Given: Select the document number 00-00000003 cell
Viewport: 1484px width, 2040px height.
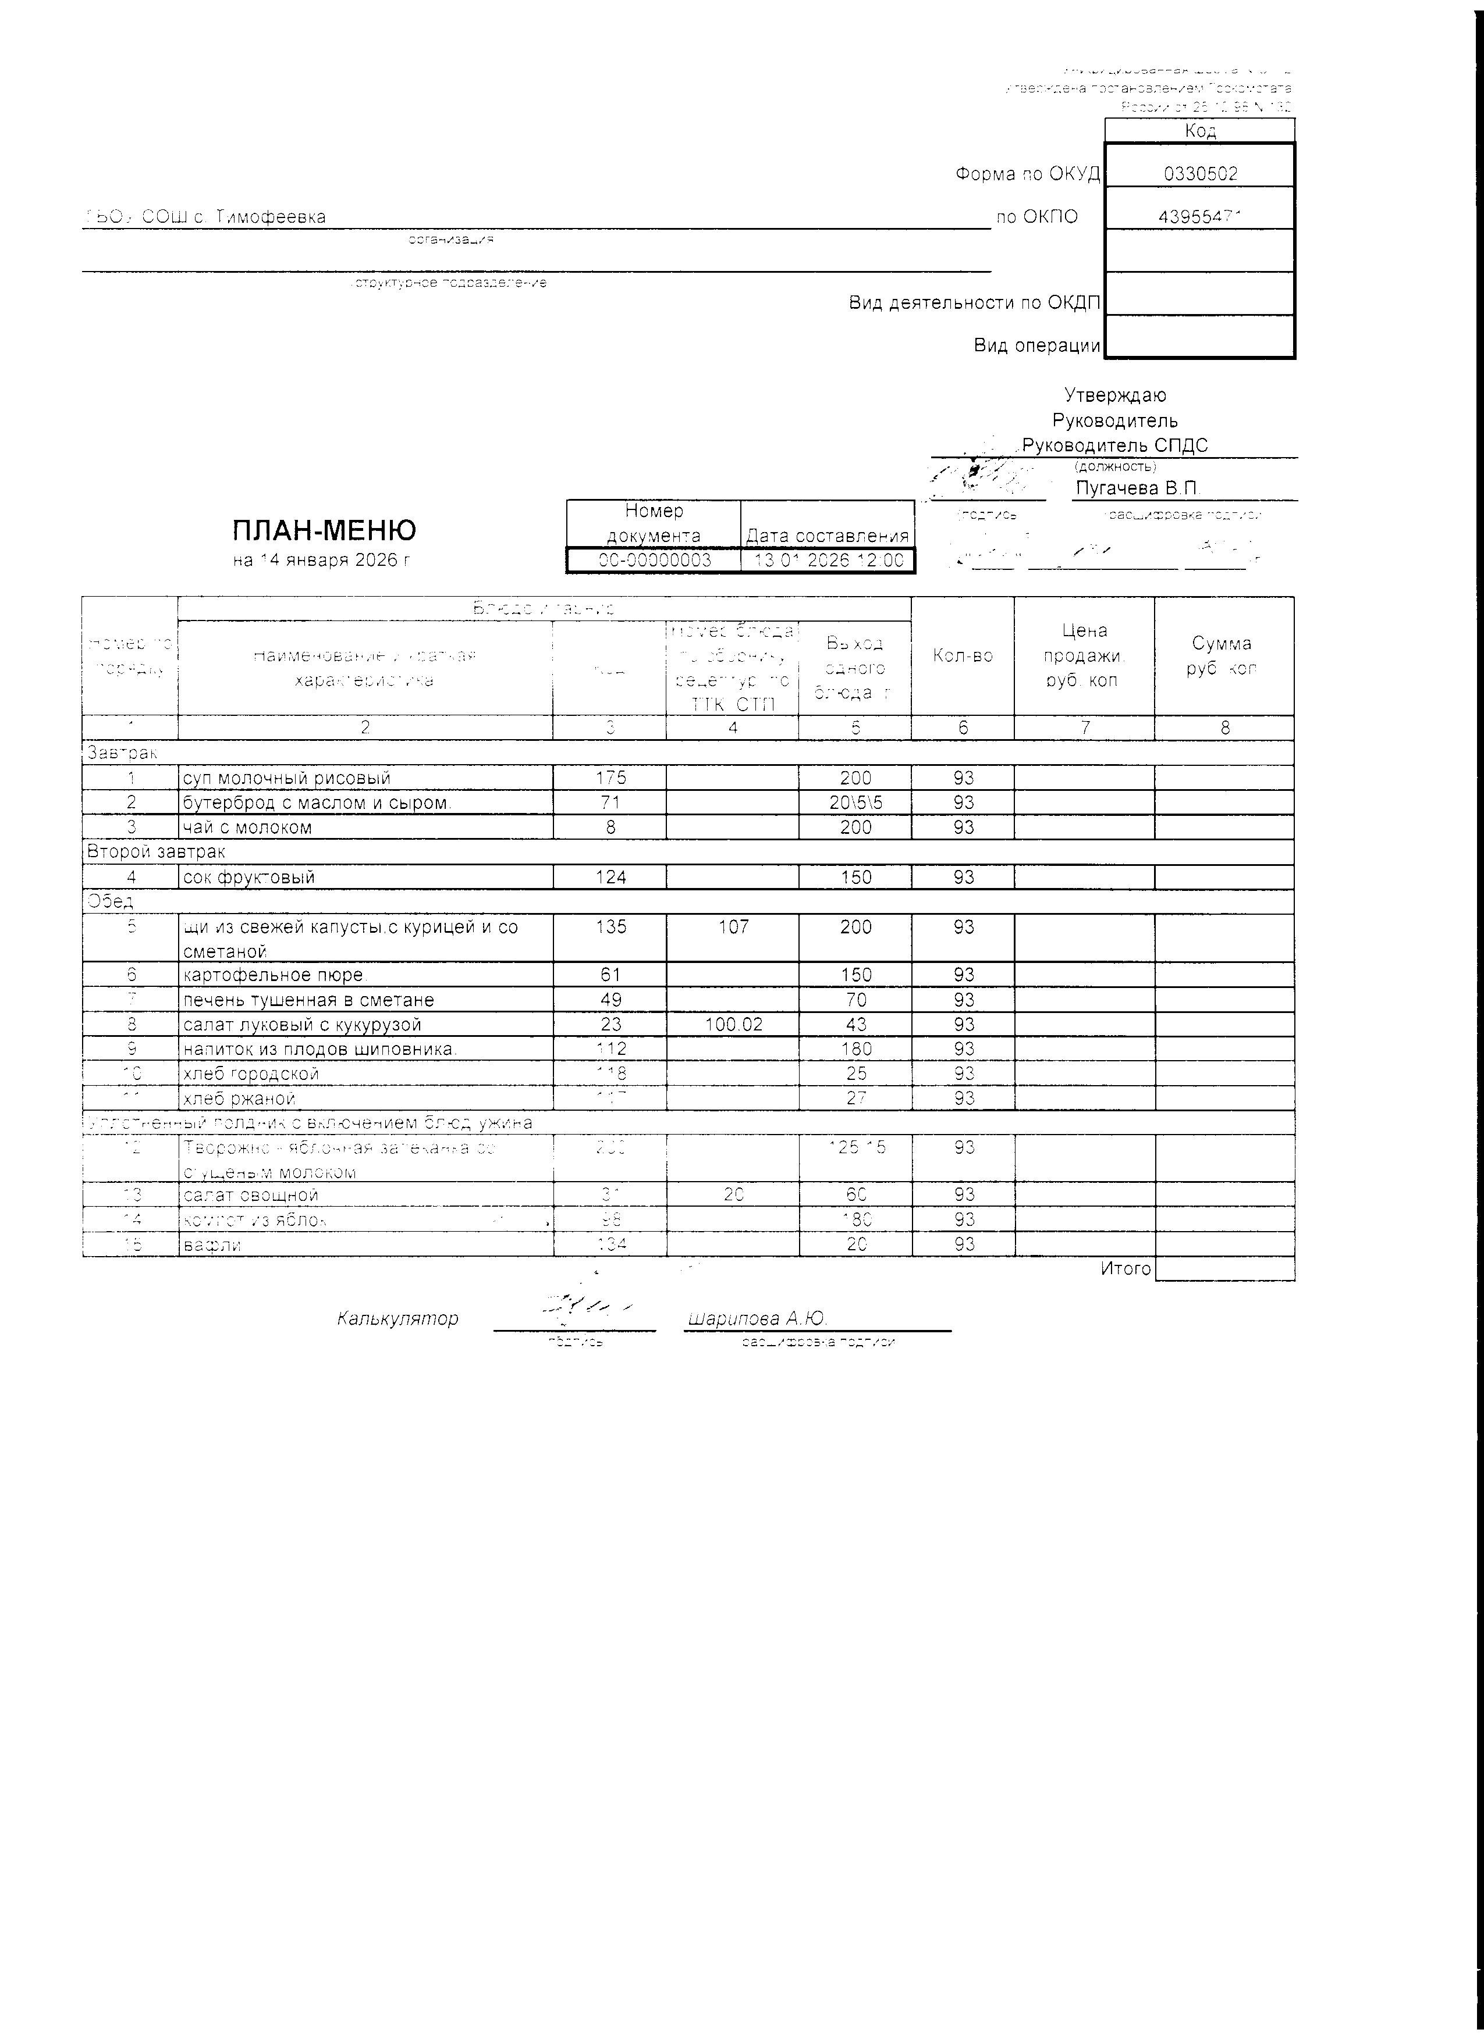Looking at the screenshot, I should pos(654,561).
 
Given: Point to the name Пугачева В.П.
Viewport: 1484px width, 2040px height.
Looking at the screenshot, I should pos(1138,488).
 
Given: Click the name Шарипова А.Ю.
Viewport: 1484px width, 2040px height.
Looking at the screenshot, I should pos(756,1319).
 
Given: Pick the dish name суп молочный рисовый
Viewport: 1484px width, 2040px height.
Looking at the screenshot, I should pos(286,778).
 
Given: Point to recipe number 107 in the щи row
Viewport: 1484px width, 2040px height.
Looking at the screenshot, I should pos(733,926).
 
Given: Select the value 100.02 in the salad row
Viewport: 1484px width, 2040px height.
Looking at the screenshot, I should pos(733,1025).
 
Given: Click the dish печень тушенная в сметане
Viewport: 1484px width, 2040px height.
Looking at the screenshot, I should pos(308,1000).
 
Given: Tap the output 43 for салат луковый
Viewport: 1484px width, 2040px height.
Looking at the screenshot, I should pos(856,1025).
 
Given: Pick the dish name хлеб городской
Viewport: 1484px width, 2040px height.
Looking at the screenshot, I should pos(250,1074).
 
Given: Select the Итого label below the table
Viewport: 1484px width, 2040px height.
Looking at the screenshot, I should pos(1125,1268).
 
